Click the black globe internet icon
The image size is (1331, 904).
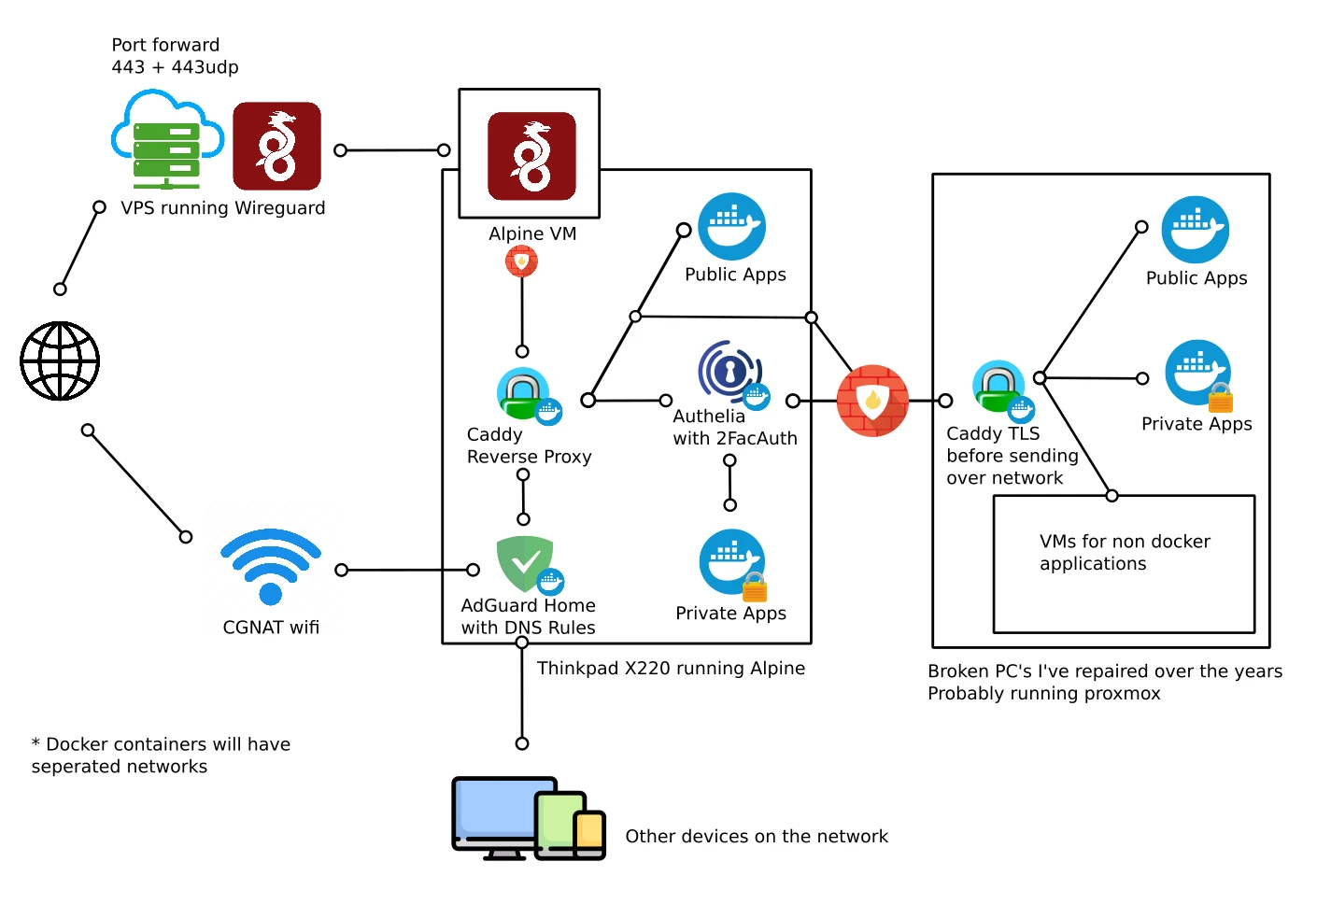pyautogui.click(x=60, y=360)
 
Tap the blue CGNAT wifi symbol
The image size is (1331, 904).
pyautogui.click(x=271, y=566)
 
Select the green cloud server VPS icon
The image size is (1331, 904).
pyautogui.click(x=166, y=140)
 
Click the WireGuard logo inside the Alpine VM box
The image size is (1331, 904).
pyautogui.click(x=531, y=156)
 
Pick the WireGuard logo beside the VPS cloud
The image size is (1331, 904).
pyautogui.click(x=276, y=146)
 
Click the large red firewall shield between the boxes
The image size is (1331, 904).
pyautogui.click(x=872, y=401)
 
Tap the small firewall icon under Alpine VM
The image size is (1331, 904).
pyautogui.click(x=521, y=261)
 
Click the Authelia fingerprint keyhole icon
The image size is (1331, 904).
pyautogui.click(x=729, y=372)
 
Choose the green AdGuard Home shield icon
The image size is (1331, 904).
pyautogui.click(x=525, y=562)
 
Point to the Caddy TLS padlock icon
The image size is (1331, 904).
pyautogui.click(x=999, y=386)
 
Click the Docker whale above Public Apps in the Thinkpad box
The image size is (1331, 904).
pyautogui.click(x=732, y=226)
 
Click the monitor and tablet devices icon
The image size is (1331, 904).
pyautogui.click(x=528, y=818)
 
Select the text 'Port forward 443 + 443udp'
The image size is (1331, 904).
pyautogui.click(x=175, y=56)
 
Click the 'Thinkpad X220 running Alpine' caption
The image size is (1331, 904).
pyautogui.click(x=671, y=668)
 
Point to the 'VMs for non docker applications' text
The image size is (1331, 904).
pyautogui.click(x=1125, y=553)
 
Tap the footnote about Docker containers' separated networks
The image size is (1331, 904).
pyautogui.click(x=161, y=755)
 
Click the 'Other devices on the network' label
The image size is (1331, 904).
pyautogui.click(x=757, y=837)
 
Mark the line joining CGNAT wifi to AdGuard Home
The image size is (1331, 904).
pyautogui.click(x=407, y=570)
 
